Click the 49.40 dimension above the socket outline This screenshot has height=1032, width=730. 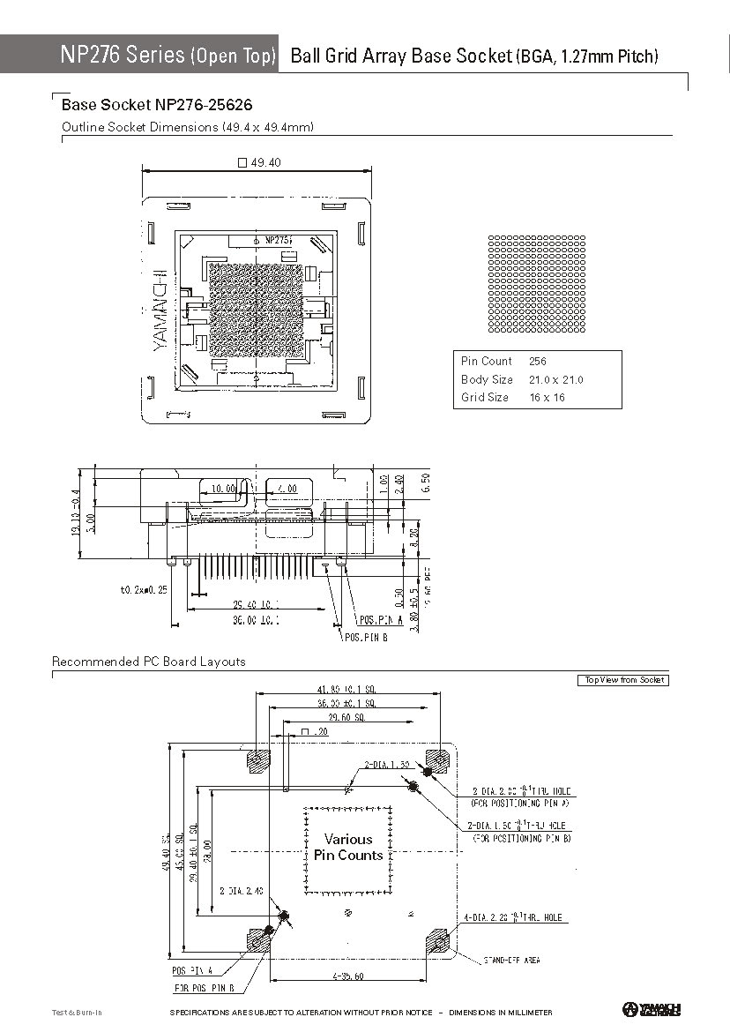[x=260, y=163]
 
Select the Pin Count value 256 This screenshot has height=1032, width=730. [x=538, y=362]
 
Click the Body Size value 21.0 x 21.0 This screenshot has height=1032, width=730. [x=555, y=380]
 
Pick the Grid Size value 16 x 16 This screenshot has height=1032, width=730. [x=547, y=398]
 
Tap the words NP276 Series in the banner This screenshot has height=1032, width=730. [x=123, y=55]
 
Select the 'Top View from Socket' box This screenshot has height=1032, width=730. [x=623, y=680]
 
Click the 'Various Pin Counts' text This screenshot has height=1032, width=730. [x=348, y=847]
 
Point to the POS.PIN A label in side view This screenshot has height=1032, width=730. [x=381, y=620]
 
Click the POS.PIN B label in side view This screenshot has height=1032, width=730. [x=366, y=637]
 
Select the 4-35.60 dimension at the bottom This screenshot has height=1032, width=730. [x=349, y=976]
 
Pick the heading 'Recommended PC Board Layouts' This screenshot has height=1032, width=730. [x=149, y=662]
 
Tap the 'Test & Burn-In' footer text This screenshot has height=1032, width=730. [x=77, y=1013]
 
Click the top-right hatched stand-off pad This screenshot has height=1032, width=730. [x=437, y=759]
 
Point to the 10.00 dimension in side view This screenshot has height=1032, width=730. [x=224, y=489]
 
